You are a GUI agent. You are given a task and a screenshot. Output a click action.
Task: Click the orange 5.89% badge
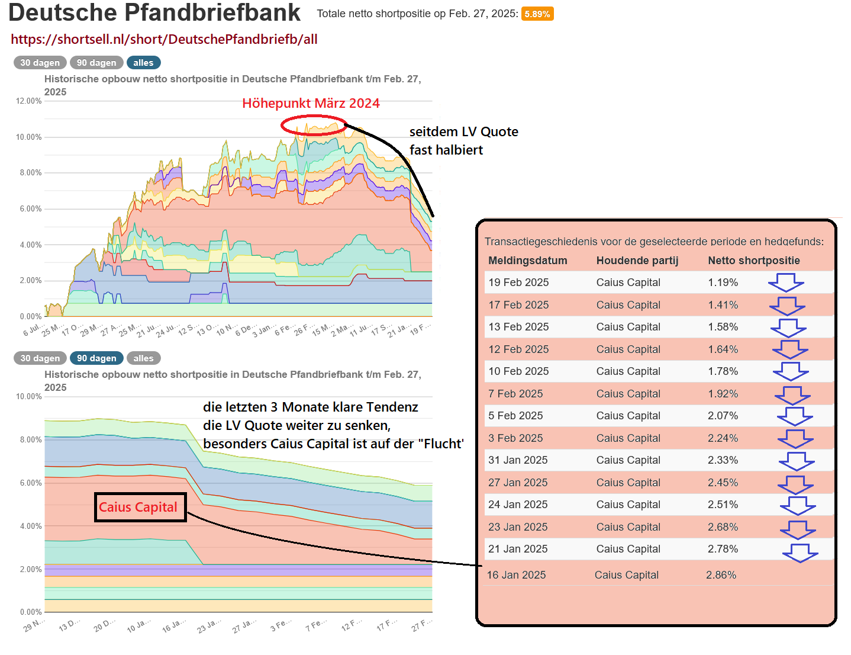pyautogui.click(x=537, y=14)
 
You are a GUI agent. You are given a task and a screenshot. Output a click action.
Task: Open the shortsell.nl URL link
pyautogui.click(x=164, y=40)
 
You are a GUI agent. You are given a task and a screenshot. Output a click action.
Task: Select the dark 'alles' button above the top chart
pyautogui.click(x=143, y=63)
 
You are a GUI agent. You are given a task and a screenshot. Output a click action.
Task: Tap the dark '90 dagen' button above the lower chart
pyautogui.click(x=96, y=358)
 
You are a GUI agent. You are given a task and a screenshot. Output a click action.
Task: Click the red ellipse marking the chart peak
pyautogui.click(x=313, y=126)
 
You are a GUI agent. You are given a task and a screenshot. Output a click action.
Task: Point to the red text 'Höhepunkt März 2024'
pyautogui.click(x=311, y=104)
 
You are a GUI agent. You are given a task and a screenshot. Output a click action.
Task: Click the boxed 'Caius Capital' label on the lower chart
pyautogui.click(x=140, y=508)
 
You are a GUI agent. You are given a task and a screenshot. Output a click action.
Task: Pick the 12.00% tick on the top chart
pyautogui.click(x=29, y=101)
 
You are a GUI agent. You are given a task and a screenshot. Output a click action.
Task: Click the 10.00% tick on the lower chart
pyautogui.click(x=29, y=397)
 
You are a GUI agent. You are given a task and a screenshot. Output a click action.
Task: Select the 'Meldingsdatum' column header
pyautogui.click(x=527, y=261)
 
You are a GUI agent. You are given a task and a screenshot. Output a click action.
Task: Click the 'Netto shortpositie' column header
pyautogui.click(x=753, y=261)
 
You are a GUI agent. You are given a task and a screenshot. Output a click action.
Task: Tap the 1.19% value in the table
pyautogui.click(x=723, y=282)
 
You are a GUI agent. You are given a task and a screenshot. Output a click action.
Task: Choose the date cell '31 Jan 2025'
pyautogui.click(x=518, y=460)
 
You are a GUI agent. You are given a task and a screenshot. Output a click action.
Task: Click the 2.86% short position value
pyautogui.click(x=721, y=575)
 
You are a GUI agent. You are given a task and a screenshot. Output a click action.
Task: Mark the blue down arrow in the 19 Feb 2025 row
pyautogui.click(x=786, y=282)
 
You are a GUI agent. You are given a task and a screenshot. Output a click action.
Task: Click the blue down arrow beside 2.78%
pyautogui.click(x=800, y=553)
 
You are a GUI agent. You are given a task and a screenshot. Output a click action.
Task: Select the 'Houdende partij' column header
pyautogui.click(x=637, y=261)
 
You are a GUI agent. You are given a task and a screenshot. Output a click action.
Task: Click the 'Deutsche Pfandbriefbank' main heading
pyautogui.click(x=154, y=13)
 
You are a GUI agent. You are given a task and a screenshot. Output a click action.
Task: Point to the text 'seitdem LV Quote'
pyautogui.click(x=463, y=132)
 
